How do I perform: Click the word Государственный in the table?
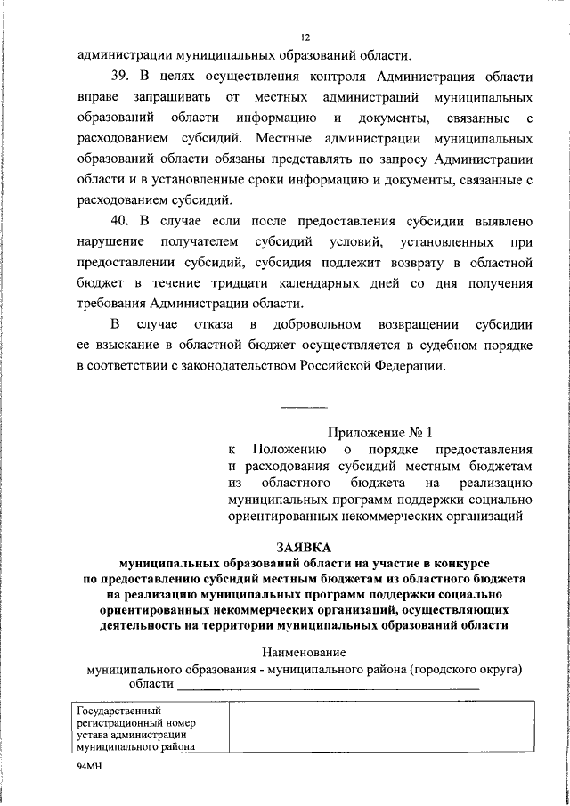click(x=118, y=711)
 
